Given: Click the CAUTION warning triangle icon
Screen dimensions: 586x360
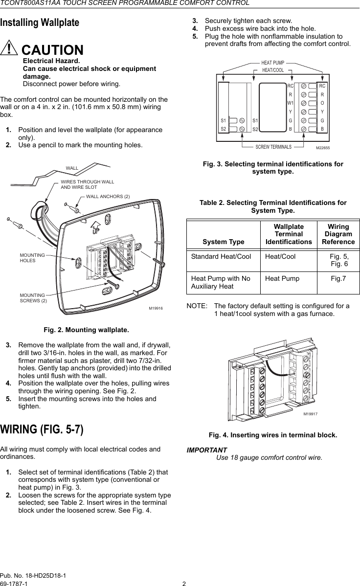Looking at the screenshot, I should [x=9, y=49].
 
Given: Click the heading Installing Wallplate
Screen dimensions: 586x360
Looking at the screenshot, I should [x=40, y=23].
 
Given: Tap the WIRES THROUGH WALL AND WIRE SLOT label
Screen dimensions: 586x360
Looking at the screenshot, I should [x=87, y=184].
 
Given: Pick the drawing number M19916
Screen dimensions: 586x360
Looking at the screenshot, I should [x=155, y=309].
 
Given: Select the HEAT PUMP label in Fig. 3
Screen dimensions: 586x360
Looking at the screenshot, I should [x=272, y=63].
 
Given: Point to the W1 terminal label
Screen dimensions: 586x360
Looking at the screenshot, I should [x=290, y=103].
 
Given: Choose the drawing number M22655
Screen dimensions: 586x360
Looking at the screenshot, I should [x=322, y=147].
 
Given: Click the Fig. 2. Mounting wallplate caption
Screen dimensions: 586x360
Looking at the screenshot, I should [x=87, y=329].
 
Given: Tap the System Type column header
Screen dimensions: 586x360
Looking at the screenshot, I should [x=223, y=242].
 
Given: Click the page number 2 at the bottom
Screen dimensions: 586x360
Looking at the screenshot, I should [x=184, y=583].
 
